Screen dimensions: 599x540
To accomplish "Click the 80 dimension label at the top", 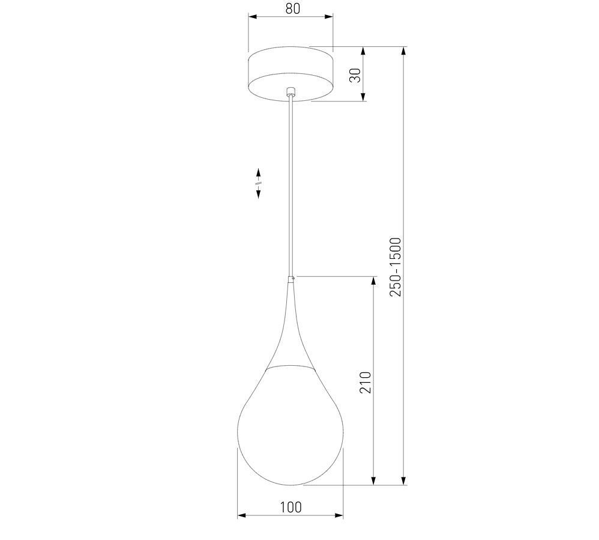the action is tap(293, 8).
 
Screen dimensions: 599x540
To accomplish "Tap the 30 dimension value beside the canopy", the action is tap(355, 75).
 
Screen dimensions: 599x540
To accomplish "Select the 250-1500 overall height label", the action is tap(396, 267).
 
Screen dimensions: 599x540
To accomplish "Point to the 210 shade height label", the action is tap(365, 382).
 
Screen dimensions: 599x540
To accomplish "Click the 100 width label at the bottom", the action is tap(290, 507).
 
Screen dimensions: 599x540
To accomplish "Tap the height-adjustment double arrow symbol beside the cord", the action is tap(258, 183).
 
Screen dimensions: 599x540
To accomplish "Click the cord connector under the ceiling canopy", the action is tap(291, 92).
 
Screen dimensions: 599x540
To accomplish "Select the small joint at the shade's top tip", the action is tap(292, 279).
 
